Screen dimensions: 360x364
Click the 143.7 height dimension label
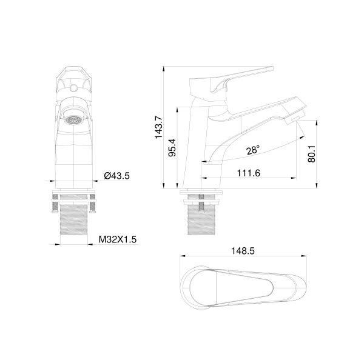(x=160, y=127)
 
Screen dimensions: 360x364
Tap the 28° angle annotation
(x=253, y=149)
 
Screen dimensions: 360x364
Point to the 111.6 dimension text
(x=248, y=173)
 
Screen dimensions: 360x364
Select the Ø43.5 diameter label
(x=116, y=176)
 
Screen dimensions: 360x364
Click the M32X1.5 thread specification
(x=118, y=239)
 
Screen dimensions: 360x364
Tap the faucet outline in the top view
(x=243, y=284)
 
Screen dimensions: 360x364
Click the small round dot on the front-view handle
(x=73, y=89)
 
